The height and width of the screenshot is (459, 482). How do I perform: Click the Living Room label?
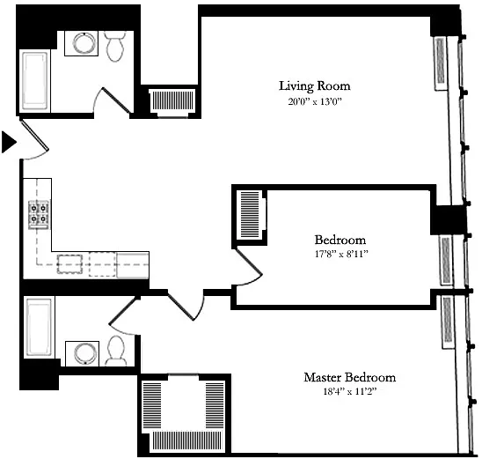tap(315, 85)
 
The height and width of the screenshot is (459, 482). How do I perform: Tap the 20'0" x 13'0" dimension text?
tap(315, 101)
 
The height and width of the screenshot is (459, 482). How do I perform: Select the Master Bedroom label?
tap(350, 377)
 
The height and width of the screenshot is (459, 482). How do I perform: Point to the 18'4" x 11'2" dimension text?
tap(350, 391)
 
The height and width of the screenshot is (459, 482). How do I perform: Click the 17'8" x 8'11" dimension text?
tap(341, 254)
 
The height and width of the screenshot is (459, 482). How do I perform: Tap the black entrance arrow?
tap(9, 142)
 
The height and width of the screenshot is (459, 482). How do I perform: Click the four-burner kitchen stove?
tap(39, 215)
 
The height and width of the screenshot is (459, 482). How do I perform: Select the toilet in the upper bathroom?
tap(115, 46)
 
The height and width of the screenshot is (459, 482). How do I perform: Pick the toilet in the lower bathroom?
tap(116, 351)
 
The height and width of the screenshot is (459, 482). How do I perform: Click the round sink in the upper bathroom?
tap(84, 43)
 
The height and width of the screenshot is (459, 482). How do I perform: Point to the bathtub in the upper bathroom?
tap(35, 81)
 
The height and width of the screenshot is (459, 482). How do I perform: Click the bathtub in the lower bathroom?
tap(39, 327)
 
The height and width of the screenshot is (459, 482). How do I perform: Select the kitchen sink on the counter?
tap(69, 263)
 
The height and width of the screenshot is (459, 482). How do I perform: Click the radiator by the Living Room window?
tap(441, 63)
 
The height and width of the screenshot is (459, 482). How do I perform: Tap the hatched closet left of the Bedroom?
tap(250, 215)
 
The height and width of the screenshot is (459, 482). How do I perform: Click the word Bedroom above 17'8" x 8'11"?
tap(340, 240)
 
